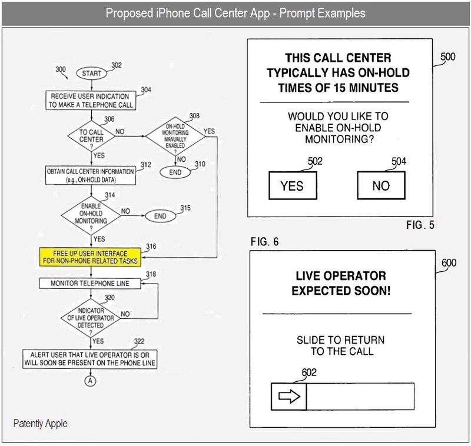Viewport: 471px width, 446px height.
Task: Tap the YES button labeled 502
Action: [x=291, y=186]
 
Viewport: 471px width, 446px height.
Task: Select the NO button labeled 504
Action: [x=381, y=186]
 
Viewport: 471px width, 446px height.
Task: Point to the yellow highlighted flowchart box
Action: [x=90, y=257]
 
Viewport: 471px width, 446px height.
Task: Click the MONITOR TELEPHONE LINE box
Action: [x=90, y=284]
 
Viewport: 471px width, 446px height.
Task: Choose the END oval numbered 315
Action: [x=160, y=216]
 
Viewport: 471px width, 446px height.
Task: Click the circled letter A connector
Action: [x=91, y=380]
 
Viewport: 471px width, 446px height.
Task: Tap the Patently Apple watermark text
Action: [x=41, y=423]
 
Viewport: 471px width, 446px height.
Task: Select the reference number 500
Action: [x=447, y=56]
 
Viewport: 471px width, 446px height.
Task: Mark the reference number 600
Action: [x=449, y=263]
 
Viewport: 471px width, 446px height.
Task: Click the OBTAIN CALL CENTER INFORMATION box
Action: [x=90, y=174]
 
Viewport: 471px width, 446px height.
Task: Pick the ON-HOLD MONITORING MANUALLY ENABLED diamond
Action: [x=175, y=136]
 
